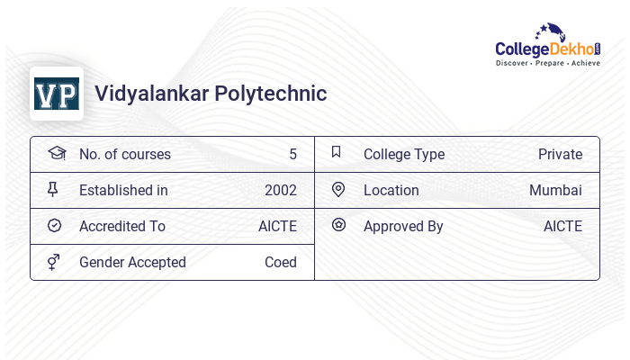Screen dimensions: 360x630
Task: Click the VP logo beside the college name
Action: coord(57,94)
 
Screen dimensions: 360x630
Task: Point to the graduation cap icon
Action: coord(56,153)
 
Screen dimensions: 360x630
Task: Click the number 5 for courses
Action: coord(292,155)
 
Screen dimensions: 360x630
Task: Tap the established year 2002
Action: coord(280,191)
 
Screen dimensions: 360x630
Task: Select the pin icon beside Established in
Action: coord(54,190)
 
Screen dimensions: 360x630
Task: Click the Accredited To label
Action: coord(122,227)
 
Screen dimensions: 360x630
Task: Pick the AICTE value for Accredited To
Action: coord(277,227)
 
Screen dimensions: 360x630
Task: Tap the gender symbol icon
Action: coord(54,262)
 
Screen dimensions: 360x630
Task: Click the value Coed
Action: coord(280,263)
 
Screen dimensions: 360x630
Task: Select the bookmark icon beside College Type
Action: coord(337,153)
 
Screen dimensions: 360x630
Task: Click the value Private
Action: coord(560,155)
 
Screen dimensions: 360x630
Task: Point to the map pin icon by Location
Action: coord(338,190)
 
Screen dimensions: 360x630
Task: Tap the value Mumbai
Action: coord(555,191)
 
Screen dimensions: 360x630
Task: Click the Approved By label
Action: coord(403,227)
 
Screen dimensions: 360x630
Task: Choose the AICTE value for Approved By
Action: coord(562,227)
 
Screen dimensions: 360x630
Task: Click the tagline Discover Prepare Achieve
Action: coord(548,64)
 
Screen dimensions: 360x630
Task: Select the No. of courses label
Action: coord(125,155)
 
